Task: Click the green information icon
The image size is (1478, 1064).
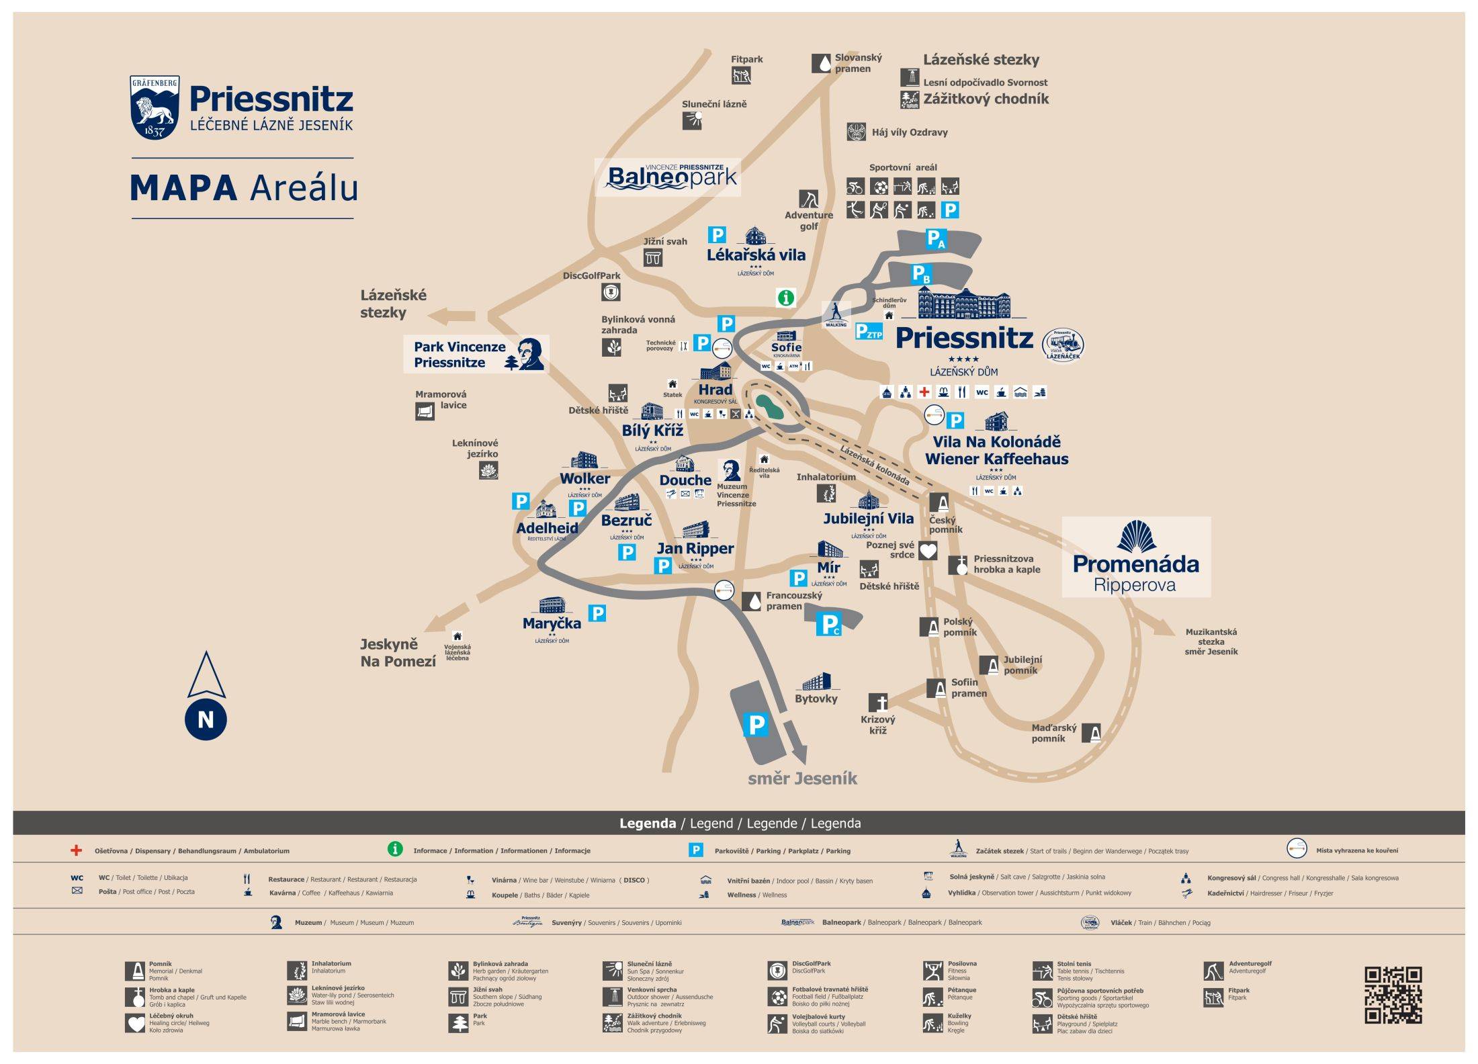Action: [785, 297]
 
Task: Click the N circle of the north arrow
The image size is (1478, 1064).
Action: [206, 719]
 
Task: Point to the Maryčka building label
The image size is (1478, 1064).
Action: [552, 623]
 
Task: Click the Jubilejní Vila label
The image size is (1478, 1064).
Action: [868, 519]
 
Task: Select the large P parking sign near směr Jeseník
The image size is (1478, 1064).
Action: [756, 725]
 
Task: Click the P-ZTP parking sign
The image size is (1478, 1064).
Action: [868, 331]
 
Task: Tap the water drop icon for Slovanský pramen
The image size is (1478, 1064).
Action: [821, 63]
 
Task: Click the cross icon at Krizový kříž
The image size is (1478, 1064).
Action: [878, 703]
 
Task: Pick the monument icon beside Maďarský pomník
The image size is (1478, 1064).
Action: [1091, 733]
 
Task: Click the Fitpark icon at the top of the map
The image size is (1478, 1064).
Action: [741, 76]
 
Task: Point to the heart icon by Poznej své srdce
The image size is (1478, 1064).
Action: [928, 551]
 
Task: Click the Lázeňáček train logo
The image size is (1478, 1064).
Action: [1063, 344]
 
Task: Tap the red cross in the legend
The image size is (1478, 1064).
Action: [77, 850]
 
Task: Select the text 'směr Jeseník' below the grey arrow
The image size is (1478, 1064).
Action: [802, 779]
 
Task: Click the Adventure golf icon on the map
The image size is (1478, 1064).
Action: [808, 199]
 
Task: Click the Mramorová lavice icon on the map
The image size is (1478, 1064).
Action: [425, 411]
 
